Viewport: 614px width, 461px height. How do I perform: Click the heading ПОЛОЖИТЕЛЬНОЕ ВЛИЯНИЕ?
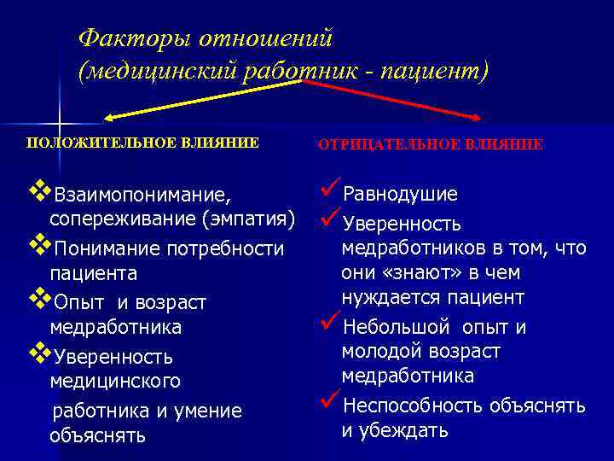142,143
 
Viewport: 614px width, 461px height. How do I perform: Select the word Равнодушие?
400,195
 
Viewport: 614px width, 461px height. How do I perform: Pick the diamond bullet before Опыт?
38,300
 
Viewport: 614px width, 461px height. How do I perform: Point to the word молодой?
378,352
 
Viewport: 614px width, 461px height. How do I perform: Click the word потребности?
229,248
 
